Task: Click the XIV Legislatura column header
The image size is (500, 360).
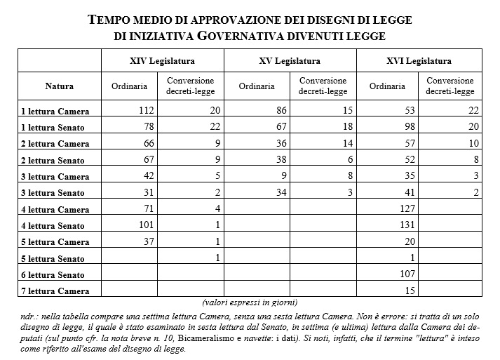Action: pyautogui.click(x=166, y=61)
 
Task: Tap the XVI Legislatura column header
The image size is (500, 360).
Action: pyautogui.click(x=419, y=61)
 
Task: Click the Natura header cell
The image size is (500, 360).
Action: pyautogui.click(x=59, y=87)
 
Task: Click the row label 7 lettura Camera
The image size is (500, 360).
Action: pyautogui.click(x=55, y=291)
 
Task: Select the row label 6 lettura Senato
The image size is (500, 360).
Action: pyautogui.click(x=53, y=275)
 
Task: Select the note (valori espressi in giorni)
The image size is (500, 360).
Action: pyautogui.click(x=249, y=302)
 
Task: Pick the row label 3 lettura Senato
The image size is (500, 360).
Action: pyautogui.click(x=53, y=193)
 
